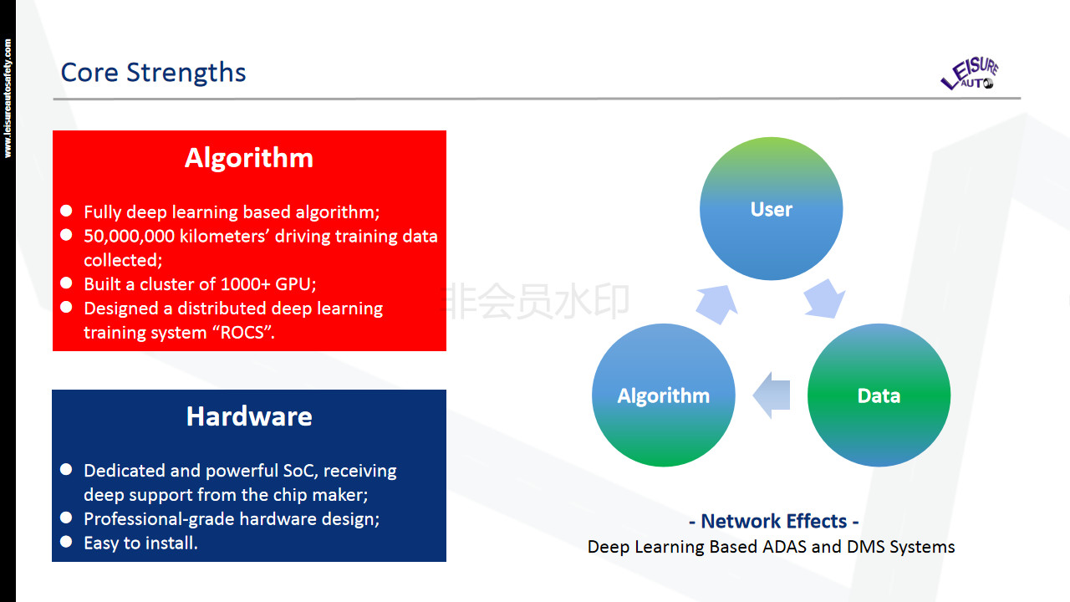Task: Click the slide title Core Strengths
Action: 153,73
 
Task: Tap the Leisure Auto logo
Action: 969,74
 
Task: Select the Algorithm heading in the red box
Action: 249,158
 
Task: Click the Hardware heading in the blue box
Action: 249,416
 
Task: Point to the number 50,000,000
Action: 129,237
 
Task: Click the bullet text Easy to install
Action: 140,543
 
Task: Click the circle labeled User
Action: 771,209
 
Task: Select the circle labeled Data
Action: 879,395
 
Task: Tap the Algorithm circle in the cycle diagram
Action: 663,395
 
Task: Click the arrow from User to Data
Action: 824,300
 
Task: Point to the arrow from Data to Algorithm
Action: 772,395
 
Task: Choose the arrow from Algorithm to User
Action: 716,304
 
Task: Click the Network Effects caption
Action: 773,522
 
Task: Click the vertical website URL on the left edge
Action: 8,98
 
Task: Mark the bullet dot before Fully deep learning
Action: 66,211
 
